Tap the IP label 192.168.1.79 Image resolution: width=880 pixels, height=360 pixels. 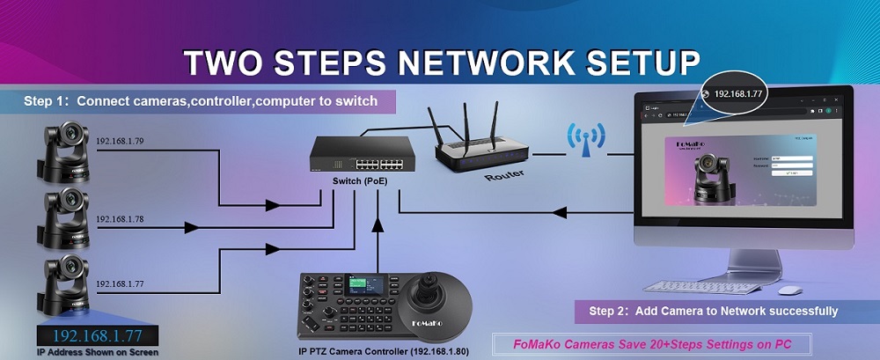coord(121,139)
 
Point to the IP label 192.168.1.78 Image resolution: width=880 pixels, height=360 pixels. coord(121,217)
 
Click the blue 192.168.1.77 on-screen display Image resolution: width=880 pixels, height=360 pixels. coord(98,335)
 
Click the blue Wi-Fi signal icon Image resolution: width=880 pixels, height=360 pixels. coord(585,138)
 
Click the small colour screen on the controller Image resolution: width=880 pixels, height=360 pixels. coord(363,289)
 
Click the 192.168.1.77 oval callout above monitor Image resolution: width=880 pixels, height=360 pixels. coord(738,92)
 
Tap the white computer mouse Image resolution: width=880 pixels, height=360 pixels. coord(789,290)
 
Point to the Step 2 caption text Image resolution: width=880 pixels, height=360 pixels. coord(713,311)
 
